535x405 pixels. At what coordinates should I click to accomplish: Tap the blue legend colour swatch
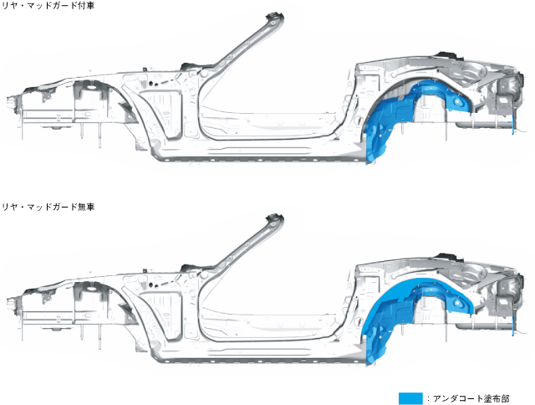pos(410,398)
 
